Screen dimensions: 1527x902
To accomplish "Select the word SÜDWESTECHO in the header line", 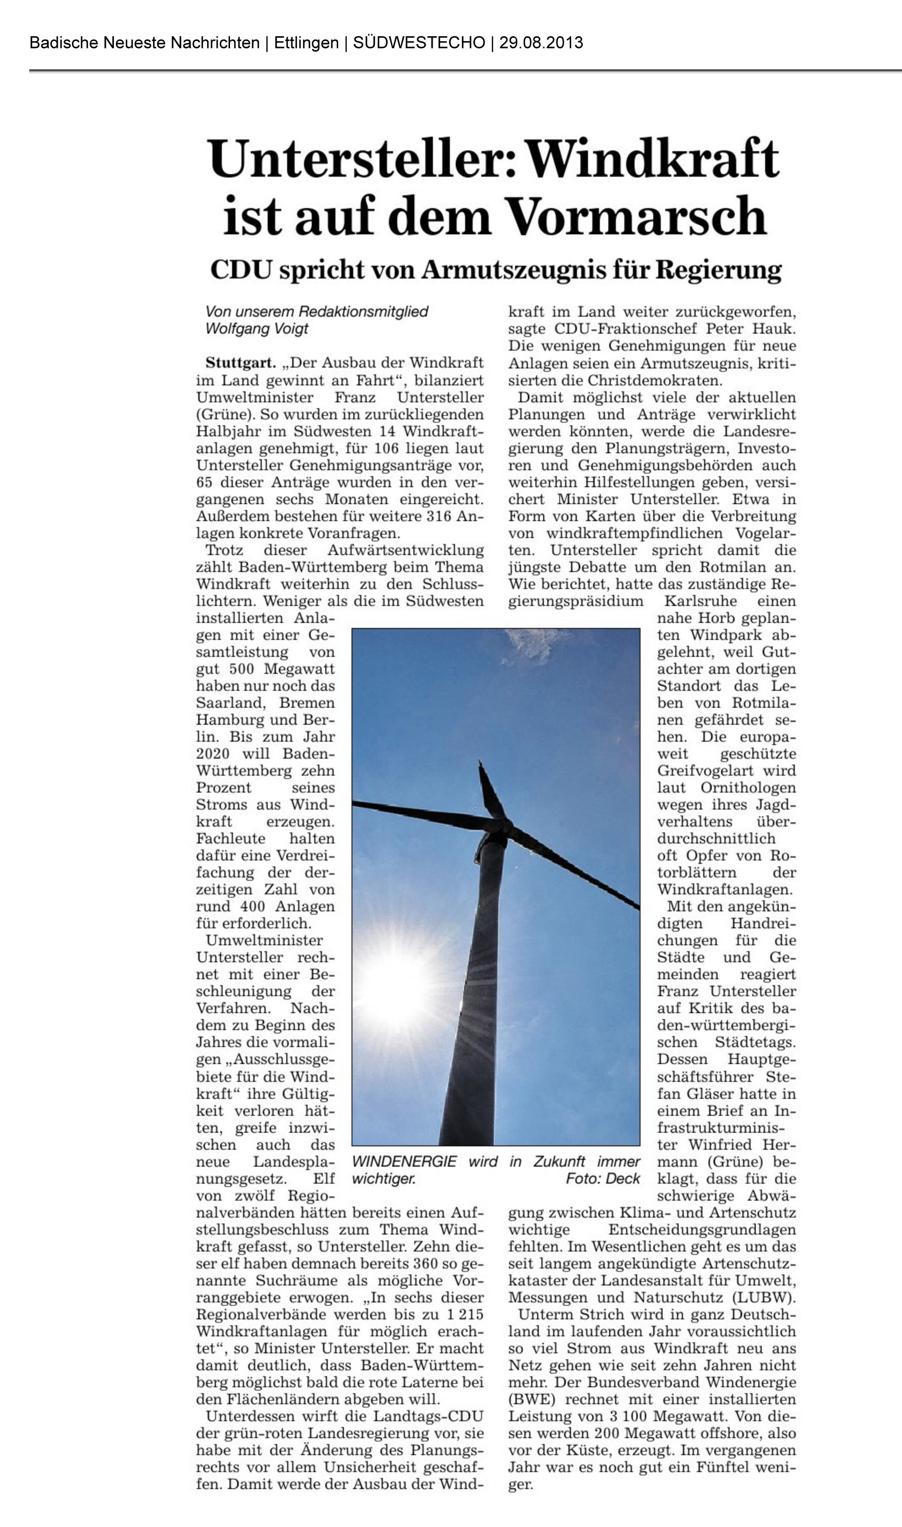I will [419, 43].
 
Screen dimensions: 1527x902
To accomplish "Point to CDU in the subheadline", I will [240, 270].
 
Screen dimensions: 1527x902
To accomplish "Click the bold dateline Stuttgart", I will [241, 363].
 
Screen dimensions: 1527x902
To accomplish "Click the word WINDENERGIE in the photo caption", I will [404, 1162].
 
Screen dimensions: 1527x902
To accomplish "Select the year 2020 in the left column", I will [213, 754].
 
